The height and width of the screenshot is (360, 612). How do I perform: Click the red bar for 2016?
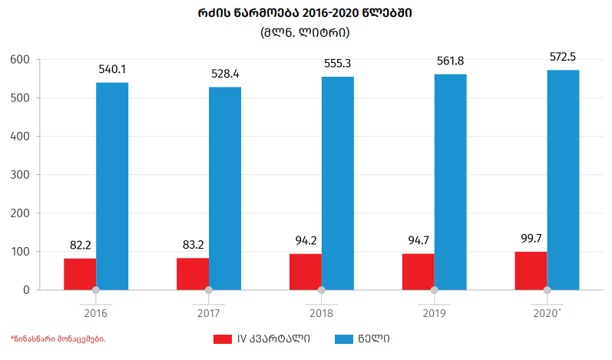click(x=80, y=274)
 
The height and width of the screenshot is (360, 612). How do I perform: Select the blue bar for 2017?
click(x=225, y=188)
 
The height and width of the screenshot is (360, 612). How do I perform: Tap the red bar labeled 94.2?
click(x=305, y=272)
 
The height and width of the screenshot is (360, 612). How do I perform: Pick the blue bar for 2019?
click(x=450, y=182)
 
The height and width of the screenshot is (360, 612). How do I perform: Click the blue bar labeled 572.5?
click(x=563, y=180)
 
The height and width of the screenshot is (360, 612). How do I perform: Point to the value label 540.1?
click(x=112, y=70)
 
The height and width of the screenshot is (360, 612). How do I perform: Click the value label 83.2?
click(x=193, y=246)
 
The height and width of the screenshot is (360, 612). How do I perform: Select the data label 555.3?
click(x=338, y=64)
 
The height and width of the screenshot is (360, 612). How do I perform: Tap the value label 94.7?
click(x=418, y=241)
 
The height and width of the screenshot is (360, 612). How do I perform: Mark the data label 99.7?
click(x=531, y=239)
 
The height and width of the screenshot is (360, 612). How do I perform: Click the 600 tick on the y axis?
click(x=20, y=60)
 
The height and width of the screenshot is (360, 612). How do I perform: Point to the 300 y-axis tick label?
click(x=20, y=175)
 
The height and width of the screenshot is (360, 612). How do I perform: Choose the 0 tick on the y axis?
click(x=26, y=290)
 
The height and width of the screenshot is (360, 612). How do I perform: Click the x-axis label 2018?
click(x=321, y=314)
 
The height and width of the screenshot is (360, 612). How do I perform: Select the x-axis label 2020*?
click(x=547, y=314)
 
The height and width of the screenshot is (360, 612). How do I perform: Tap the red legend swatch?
click(x=223, y=339)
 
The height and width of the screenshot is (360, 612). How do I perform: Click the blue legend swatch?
click(x=343, y=339)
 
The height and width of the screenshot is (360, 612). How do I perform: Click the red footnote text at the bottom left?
click(x=58, y=339)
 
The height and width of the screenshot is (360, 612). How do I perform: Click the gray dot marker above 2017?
click(x=208, y=290)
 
